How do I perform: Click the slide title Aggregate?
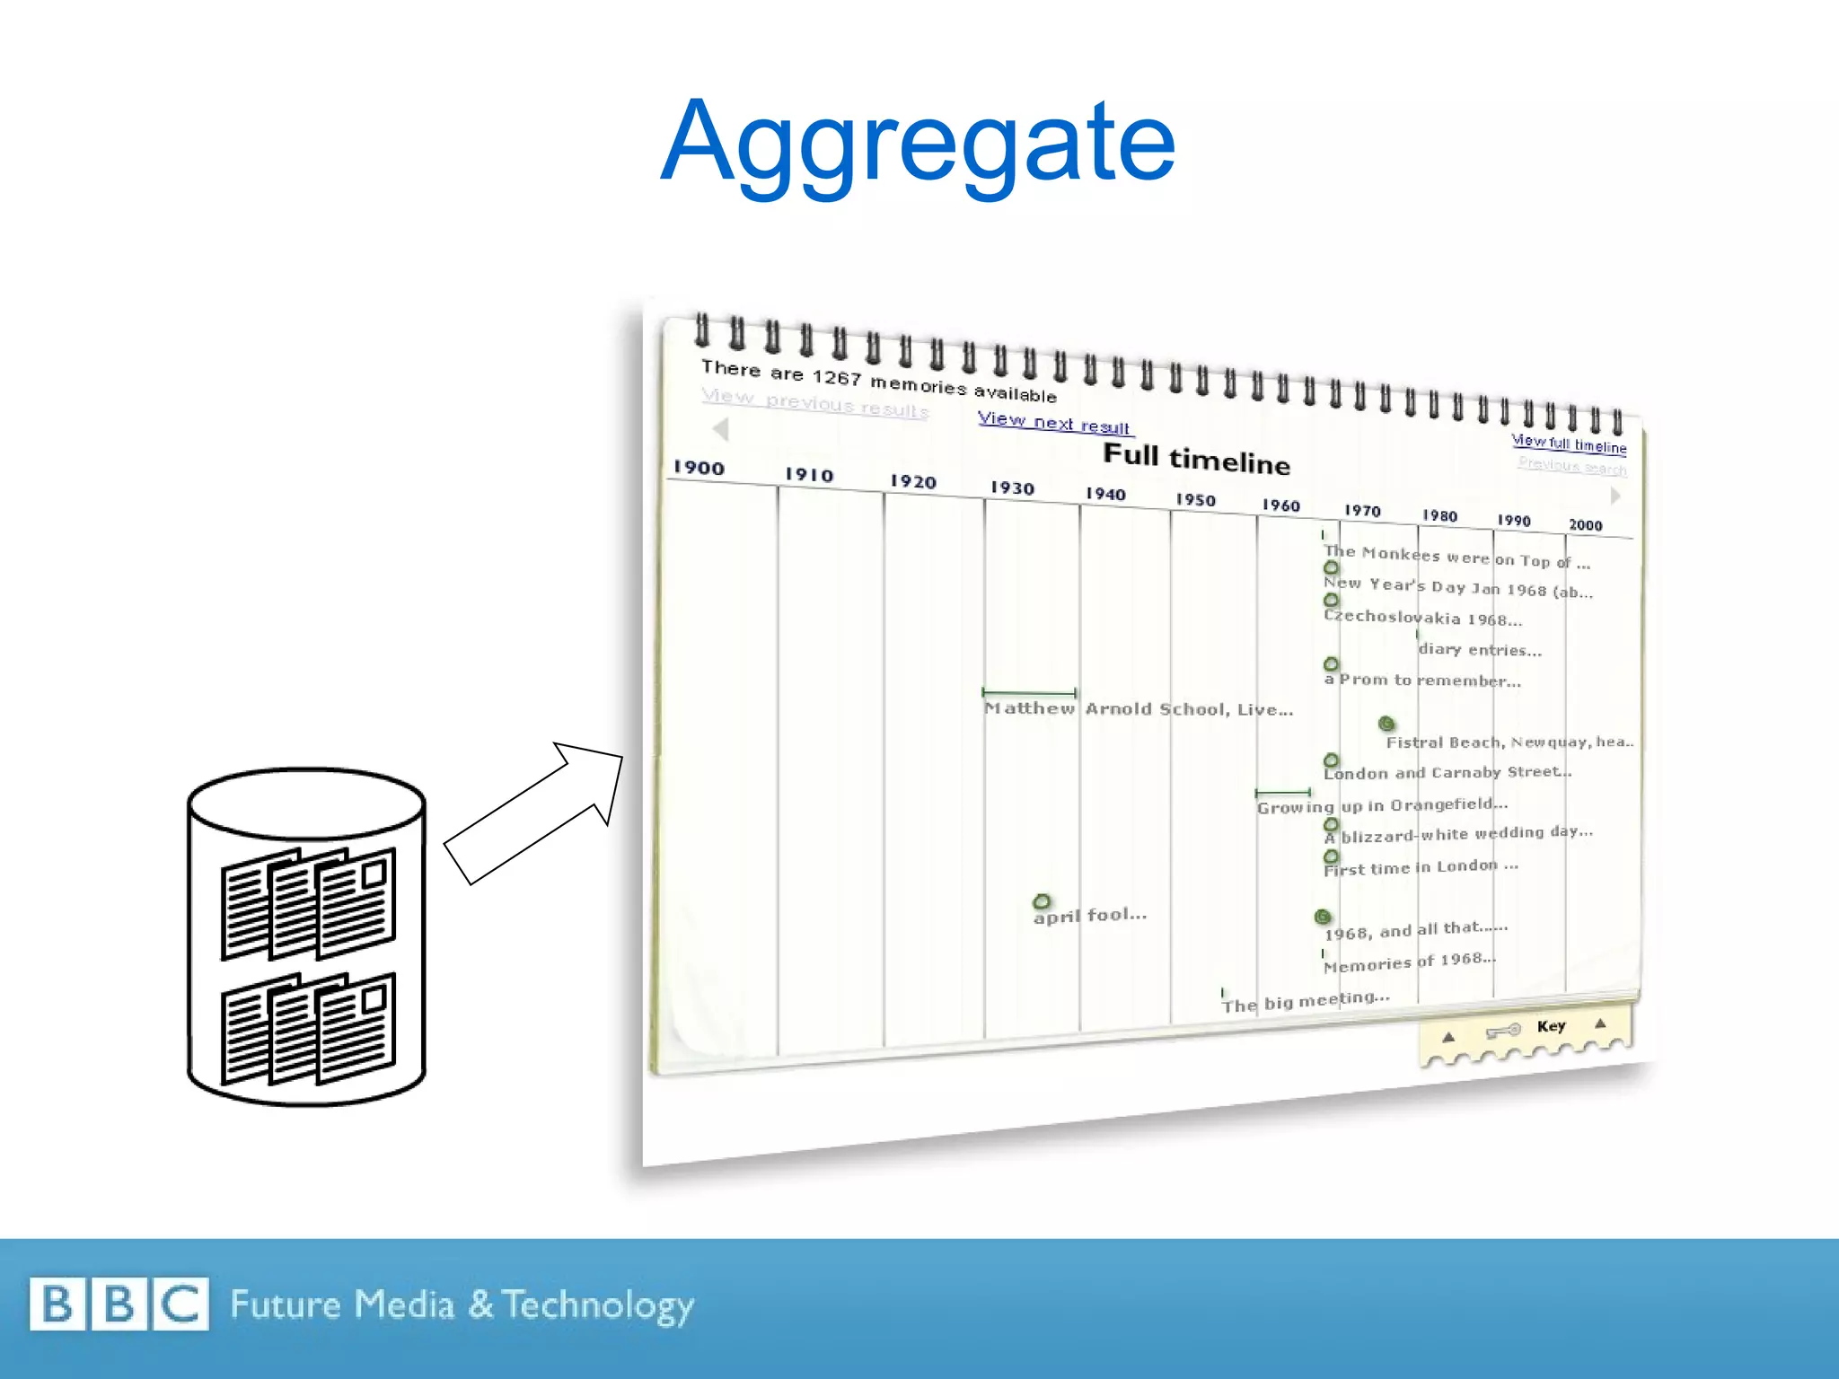918,144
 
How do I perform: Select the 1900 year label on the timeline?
699,468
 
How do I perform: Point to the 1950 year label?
1195,500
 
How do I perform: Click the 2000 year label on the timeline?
1585,525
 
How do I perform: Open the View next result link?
1053,422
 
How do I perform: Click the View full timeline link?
1569,444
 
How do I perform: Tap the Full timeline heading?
1196,459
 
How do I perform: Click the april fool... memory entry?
1089,915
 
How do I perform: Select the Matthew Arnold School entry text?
1139,709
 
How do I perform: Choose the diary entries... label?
1480,650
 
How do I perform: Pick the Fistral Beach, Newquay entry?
1509,742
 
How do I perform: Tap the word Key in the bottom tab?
1551,1026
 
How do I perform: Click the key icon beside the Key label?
1503,1031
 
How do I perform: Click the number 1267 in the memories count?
836,378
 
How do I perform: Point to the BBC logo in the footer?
119,1304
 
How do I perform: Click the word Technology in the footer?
597,1305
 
